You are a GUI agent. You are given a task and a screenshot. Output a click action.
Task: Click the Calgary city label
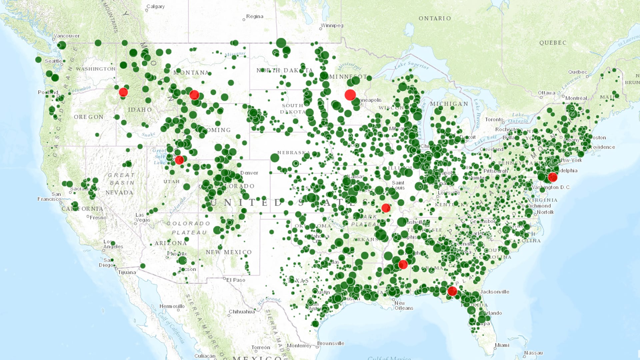tap(155, 7)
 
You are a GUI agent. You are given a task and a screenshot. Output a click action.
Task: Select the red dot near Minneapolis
tap(350, 95)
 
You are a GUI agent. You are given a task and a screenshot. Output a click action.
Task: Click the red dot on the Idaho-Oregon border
tap(123, 92)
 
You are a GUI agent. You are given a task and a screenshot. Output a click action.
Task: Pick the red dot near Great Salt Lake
tap(179, 160)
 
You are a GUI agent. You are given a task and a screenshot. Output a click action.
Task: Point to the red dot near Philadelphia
tap(553, 177)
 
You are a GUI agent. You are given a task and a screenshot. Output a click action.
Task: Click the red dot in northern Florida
tap(452, 291)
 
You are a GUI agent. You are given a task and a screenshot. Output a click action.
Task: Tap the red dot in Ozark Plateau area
tap(386, 208)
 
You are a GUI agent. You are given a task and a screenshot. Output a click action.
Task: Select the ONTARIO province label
tap(435, 19)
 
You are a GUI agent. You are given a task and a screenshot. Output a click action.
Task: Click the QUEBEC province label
tap(553, 43)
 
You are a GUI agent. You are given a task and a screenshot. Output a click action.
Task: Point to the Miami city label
tap(502, 345)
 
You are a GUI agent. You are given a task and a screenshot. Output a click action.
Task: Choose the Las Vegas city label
tap(143, 217)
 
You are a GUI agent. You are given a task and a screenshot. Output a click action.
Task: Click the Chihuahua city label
tap(242, 312)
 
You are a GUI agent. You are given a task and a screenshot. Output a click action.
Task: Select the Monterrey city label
tap(299, 346)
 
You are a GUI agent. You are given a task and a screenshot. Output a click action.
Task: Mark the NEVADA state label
tap(119, 193)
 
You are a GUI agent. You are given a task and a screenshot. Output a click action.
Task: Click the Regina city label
tap(255, 17)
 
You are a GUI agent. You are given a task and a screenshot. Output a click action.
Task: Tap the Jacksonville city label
tap(495, 292)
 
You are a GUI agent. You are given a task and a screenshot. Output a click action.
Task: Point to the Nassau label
tap(533, 353)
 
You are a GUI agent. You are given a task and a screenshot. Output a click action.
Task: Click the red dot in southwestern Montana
tap(194, 95)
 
